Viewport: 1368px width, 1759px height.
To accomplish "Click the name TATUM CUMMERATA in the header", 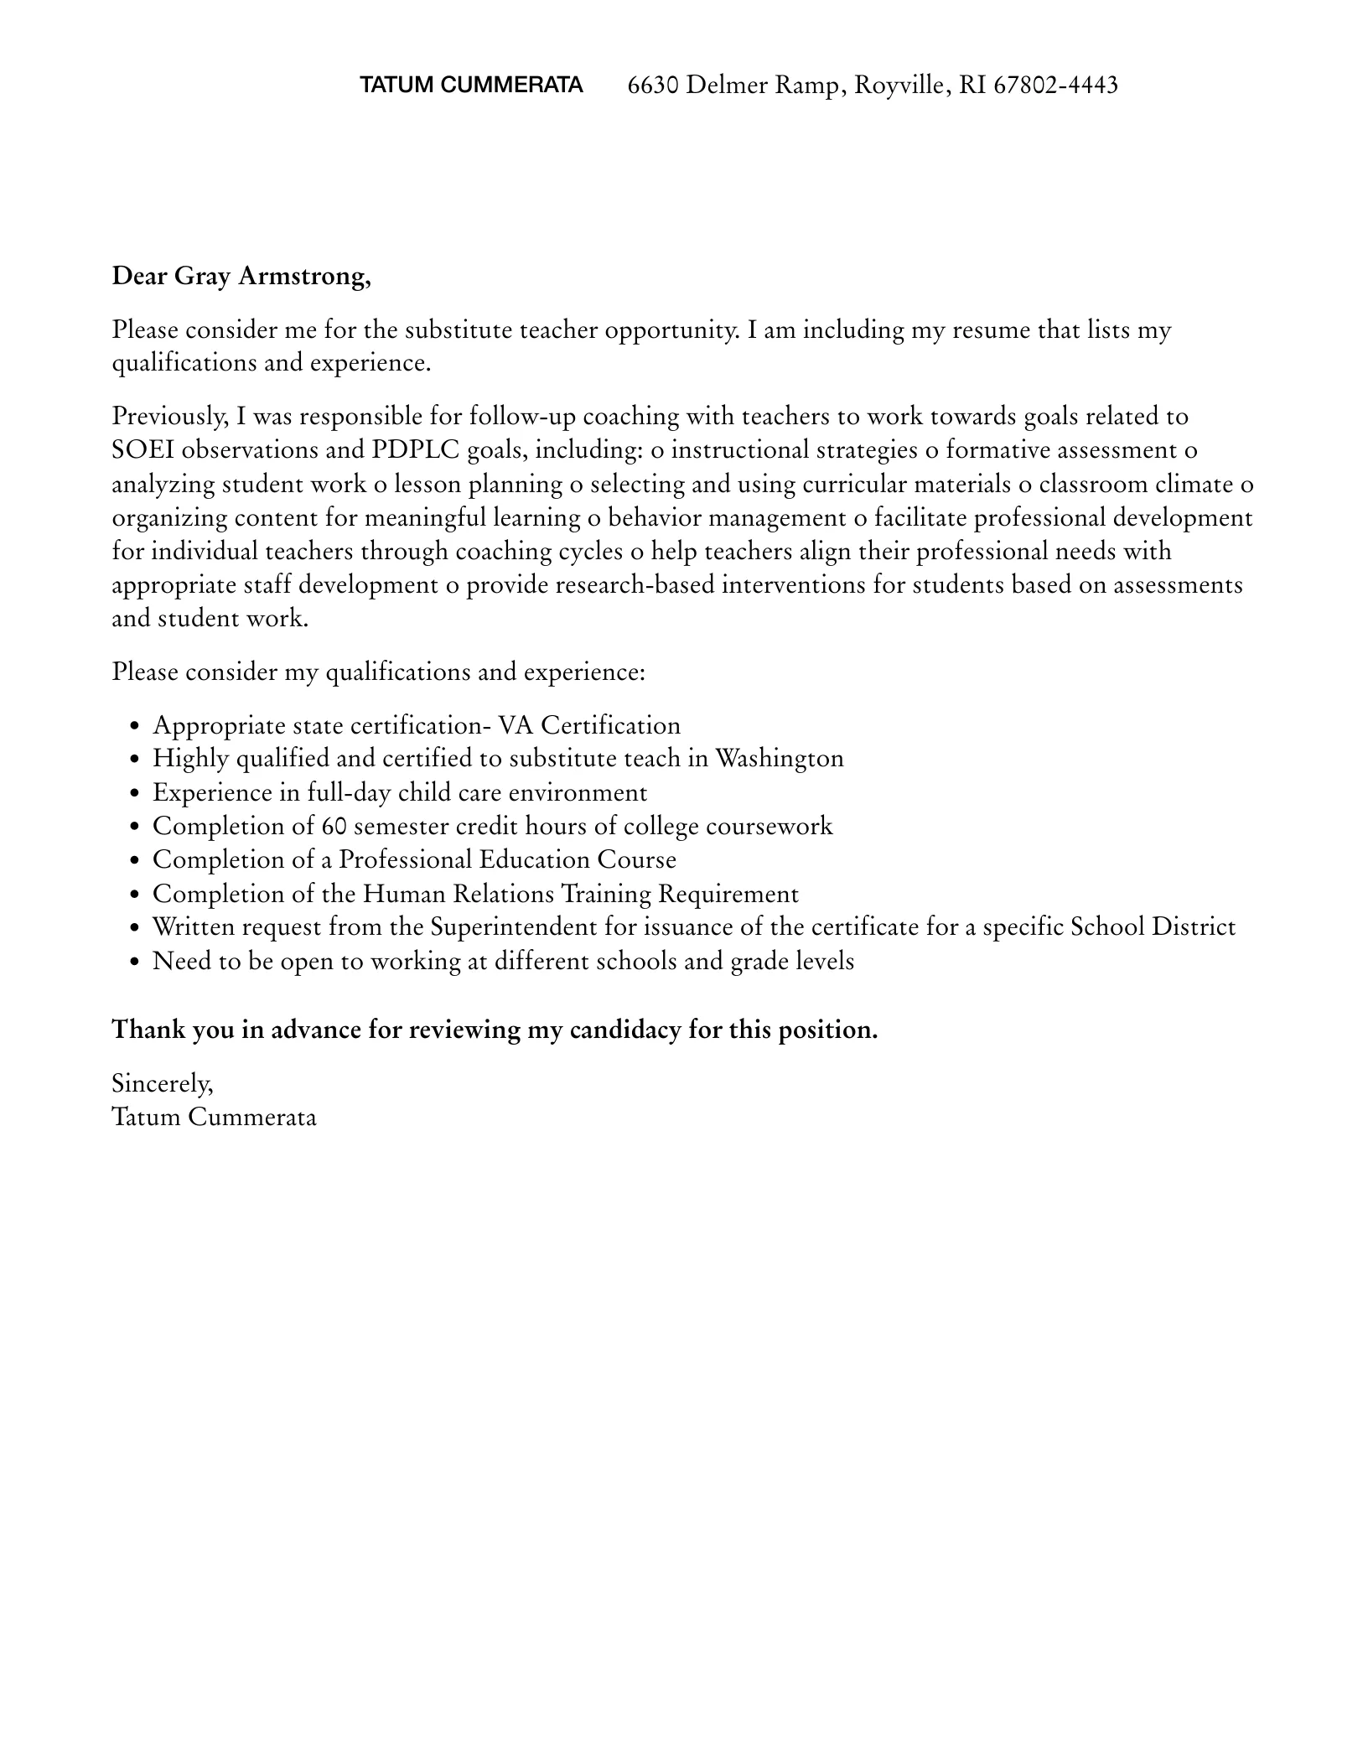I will (471, 85).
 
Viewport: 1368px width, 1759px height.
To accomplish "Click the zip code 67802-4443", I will (1055, 85).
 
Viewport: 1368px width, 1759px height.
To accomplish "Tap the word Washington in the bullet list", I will (779, 758).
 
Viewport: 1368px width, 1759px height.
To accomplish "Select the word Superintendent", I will (514, 926).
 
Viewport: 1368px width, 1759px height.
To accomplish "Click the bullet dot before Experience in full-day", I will (134, 794).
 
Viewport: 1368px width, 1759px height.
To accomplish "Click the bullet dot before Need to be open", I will (134, 963).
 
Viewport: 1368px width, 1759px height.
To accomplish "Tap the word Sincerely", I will (163, 1083).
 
